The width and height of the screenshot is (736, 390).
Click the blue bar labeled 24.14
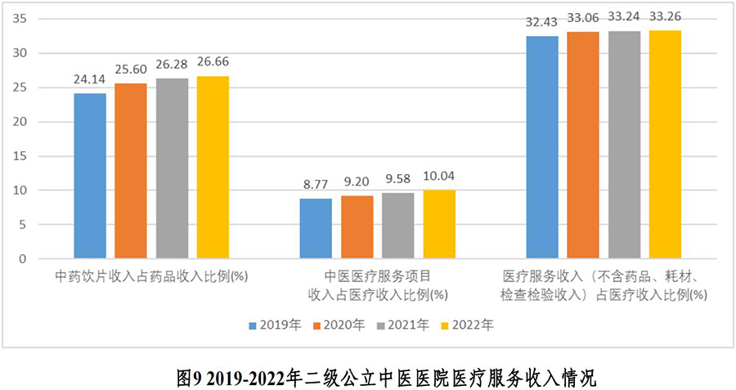(x=90, y=176)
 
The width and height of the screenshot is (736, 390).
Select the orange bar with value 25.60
(x=131, y=171)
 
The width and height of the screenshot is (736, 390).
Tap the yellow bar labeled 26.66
(x=213, y=168)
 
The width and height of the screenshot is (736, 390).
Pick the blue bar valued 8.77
(x=316, y=229)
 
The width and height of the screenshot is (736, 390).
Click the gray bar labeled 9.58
(x=398, y=226)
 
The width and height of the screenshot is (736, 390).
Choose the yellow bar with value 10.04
(x=439, y=225)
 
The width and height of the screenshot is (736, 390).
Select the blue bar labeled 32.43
(x=542, y=147)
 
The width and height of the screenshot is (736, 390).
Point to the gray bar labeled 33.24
(x=624, y=145)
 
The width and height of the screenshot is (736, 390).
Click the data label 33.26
(x=665, y=16)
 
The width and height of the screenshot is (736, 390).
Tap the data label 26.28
(x=172, y=64)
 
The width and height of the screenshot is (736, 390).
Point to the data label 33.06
(x=583, y=17)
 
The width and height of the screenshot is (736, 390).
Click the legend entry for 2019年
(x=275, y=325)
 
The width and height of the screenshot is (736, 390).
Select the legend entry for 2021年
(x=403, y=325)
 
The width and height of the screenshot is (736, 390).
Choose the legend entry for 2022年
(x=467, y=325)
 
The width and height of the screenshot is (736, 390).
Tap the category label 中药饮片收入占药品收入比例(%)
(x=151, y=276)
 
